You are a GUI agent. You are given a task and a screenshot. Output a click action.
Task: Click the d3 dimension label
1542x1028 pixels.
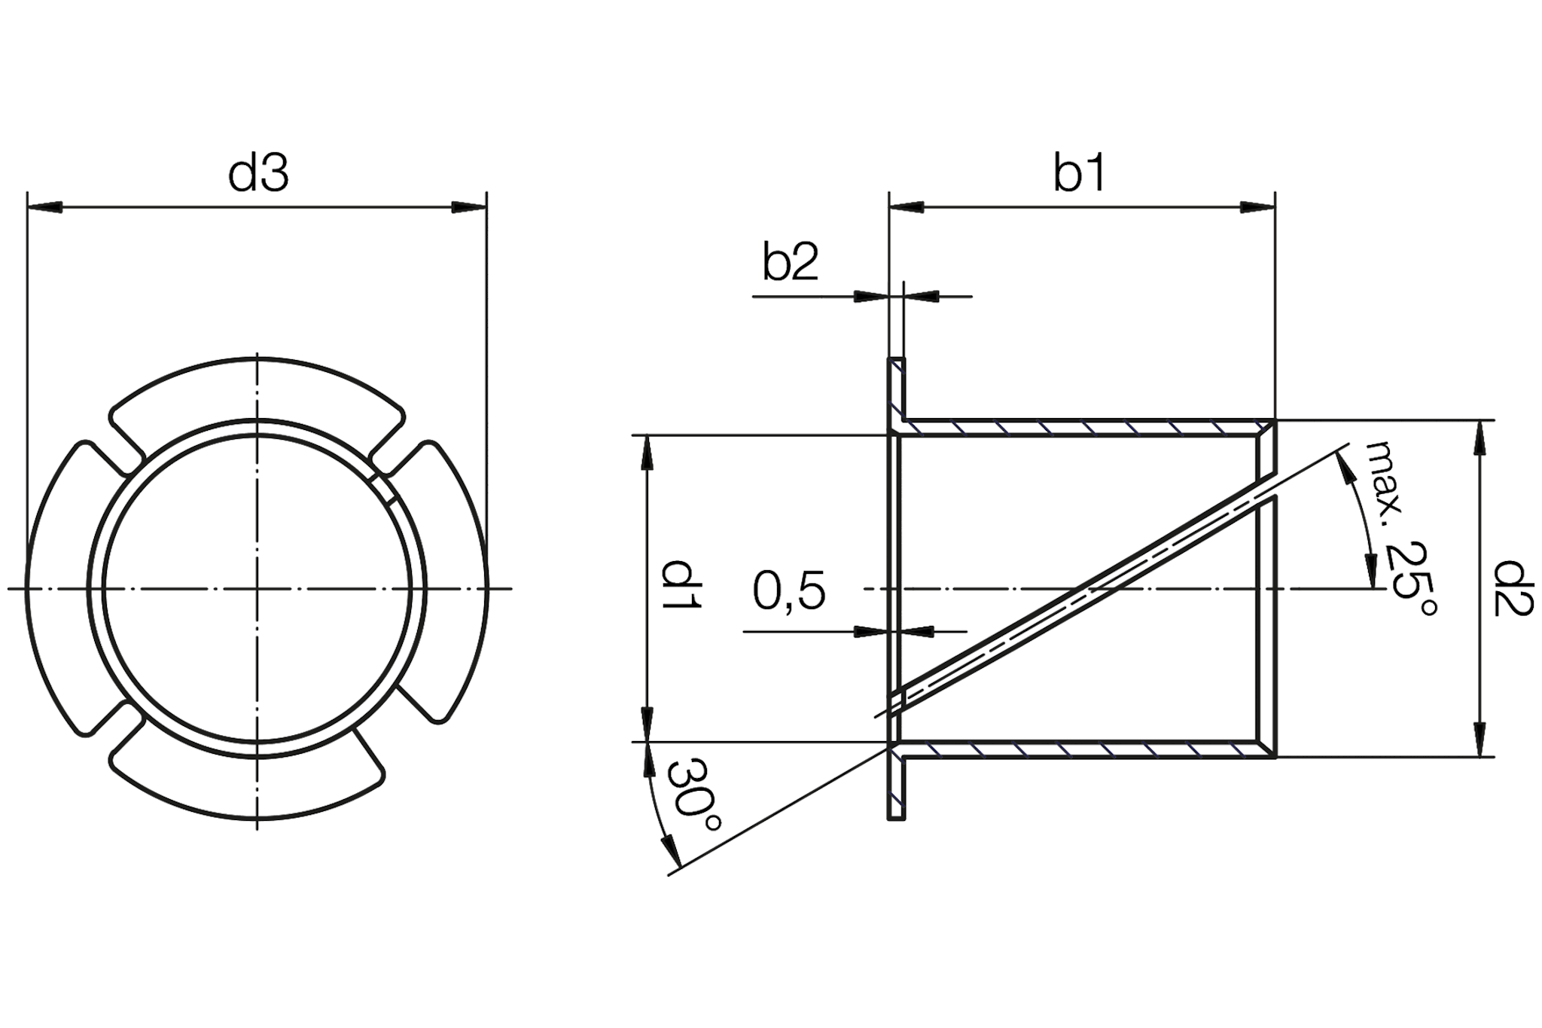[x=258, y=174]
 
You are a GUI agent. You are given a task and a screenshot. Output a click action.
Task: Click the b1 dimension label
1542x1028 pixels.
[x=1079, y=174]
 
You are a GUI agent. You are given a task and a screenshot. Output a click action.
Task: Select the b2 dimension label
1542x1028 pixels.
[x=789, y=263]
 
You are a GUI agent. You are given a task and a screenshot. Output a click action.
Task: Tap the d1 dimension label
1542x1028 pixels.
[x=681, y=585]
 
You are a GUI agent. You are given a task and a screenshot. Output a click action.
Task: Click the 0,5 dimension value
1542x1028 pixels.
[x=789, y=591]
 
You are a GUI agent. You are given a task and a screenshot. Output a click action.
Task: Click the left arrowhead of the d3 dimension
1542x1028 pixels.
[x=44, y=207]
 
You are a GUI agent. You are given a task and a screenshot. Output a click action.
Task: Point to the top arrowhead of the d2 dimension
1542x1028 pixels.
[x=1480, y=437]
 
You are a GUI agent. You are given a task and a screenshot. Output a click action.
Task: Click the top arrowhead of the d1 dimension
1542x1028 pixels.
[x=647, y=453]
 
